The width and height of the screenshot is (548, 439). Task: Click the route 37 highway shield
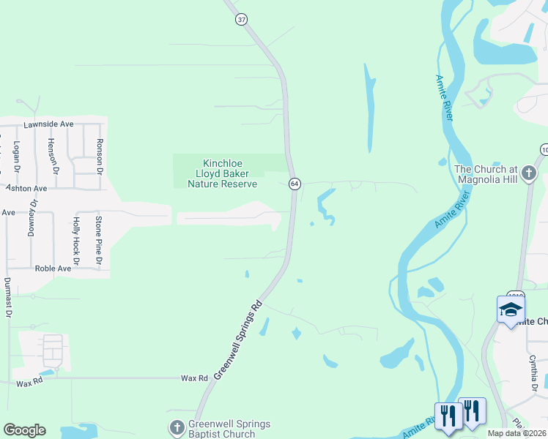242,20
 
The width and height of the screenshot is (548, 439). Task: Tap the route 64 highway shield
294,183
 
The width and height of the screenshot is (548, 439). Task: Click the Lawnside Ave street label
48,124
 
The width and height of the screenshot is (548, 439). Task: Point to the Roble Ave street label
53,269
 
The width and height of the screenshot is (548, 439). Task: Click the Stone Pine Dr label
99,239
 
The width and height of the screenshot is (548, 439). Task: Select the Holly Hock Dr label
75,241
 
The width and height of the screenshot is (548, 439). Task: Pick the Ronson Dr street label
99,151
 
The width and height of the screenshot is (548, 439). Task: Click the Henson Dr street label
51,154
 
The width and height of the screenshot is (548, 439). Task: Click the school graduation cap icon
510,309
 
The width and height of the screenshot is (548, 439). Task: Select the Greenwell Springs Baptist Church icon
177,428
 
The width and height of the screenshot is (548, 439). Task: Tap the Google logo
24,429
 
